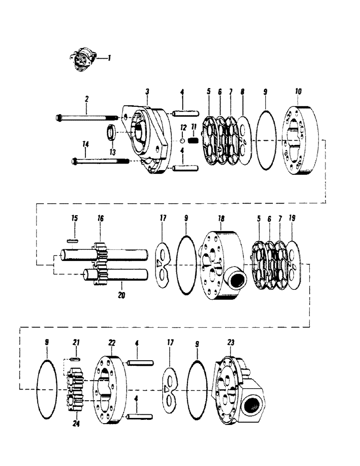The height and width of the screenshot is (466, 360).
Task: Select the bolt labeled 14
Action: click(x=101, y=161)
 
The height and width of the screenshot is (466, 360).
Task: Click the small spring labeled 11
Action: click(x=196, y=140)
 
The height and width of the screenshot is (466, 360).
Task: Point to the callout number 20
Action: click(x=121, y=295)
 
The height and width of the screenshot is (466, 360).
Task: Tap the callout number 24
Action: click(x=76, y=424)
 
